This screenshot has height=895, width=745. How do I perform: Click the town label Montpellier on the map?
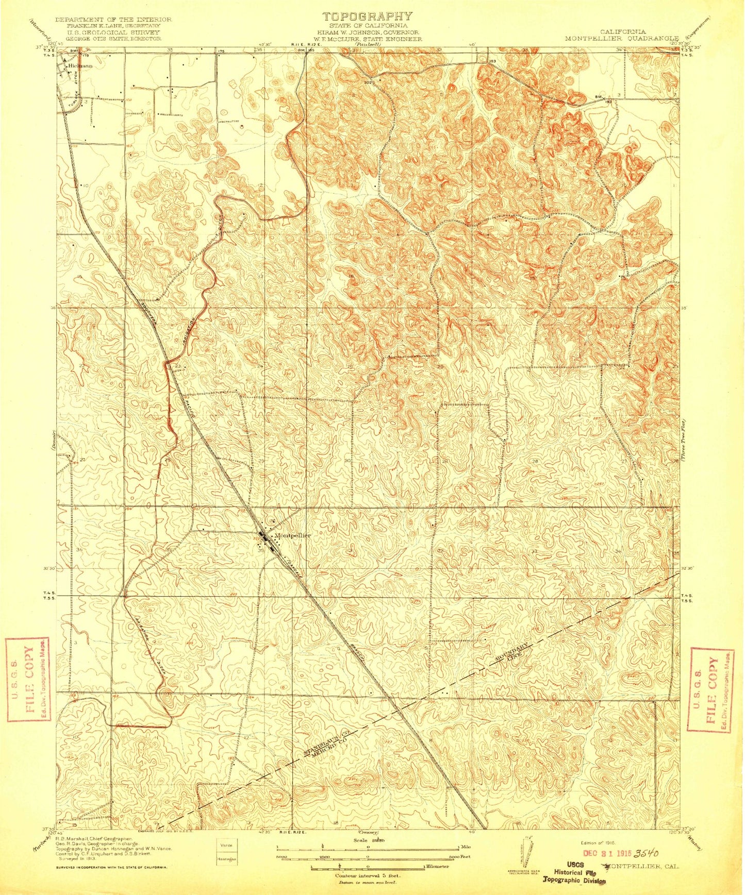[292, 535]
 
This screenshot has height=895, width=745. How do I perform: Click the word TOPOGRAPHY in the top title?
[367, 16]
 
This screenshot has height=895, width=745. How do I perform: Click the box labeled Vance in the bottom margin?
[225, 845]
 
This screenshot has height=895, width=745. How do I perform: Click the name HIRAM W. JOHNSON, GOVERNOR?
[368, 32]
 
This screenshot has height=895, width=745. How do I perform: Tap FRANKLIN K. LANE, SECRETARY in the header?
[113, 26]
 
